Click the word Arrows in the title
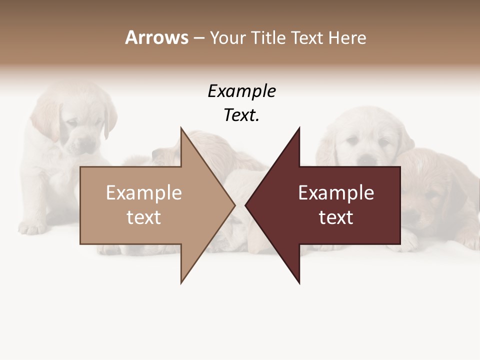(x=156, y=37)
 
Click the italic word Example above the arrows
(x=241, y=91)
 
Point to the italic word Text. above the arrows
(x=241, y=115)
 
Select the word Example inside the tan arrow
(x=144, y=193)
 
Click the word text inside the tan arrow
(x=144, y=217)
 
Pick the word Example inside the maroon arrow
(x=336, y=193)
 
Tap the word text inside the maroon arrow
(x=336, y=217)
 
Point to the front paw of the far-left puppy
(x=34, y=227)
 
